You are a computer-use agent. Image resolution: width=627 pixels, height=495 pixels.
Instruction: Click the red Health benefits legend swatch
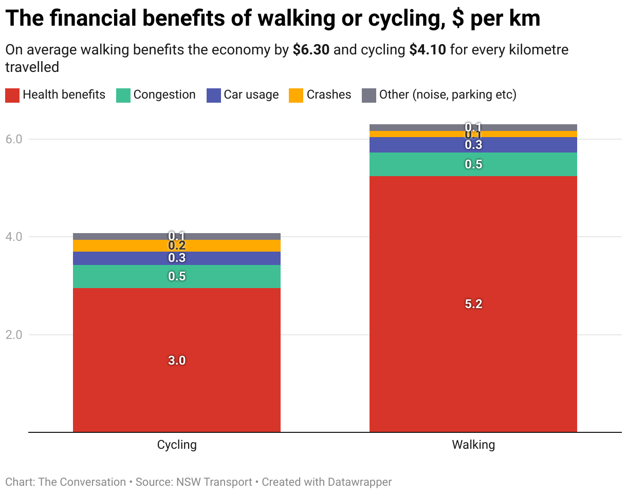[12, 95]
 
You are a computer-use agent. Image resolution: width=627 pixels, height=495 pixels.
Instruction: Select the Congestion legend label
[164, 95]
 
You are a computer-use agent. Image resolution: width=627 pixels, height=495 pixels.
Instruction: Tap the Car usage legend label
[251, 95]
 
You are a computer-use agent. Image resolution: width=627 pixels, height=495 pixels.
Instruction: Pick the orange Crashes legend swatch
[296, 95]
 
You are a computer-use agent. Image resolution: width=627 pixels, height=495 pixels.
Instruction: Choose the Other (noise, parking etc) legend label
[448, 95]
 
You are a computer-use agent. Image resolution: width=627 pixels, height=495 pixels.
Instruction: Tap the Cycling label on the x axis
[177, 445]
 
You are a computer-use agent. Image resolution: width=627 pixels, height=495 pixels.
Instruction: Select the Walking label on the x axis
[473, 445]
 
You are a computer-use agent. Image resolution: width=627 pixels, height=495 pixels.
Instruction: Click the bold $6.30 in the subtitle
[311, 50]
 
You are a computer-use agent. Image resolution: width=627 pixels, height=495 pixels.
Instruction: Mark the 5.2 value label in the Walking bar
[473, 304]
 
